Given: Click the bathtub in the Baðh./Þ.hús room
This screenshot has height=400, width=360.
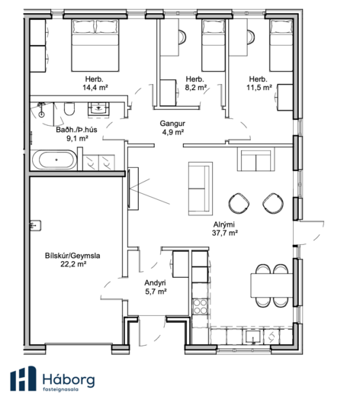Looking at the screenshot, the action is pyautogui.click(x=54, y=160).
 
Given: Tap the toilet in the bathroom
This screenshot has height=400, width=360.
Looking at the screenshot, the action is pyautogui.click(x=69, y=109).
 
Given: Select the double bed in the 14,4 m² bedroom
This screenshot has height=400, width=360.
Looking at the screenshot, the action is pyautogui.click(x=95, y=45).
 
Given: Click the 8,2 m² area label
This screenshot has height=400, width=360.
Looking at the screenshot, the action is pyautogui.click(x=196, y=88).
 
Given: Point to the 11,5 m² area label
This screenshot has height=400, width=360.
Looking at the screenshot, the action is pyautogui.click(x=259, y=88).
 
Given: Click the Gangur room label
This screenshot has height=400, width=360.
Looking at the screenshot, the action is pyautogui.click(x=172, y=124).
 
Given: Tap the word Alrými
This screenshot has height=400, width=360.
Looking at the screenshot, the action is pyautogui.click(x=223, y=224).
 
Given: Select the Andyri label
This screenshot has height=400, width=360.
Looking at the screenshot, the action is pyautogui.click(x=155, y=282).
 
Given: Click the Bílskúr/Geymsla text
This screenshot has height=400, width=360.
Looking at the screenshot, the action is pyautogui.click(x=72, y=256).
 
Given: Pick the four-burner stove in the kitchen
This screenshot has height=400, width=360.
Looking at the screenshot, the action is pyautogui.click(x=200, y=307).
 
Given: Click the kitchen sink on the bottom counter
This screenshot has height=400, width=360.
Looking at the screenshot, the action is pyautogui.click(x=253, y=337).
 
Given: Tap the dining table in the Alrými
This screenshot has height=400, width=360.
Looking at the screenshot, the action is pyautogui.click(x=272, y=285).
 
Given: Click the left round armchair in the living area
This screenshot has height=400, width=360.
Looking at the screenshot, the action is pyautogui.click(x=239, y=203).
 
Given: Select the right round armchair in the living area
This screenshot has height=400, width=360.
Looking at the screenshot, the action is pyautogui.click(x=273, y=203).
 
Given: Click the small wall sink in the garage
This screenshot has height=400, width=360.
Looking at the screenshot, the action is pyautogui.click(x=35, y=225).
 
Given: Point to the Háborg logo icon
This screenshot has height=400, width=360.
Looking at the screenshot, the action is pyautogui.click(x=23, y=379).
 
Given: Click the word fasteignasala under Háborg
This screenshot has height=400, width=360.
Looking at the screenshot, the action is pyautogui.click(x=60, y=389).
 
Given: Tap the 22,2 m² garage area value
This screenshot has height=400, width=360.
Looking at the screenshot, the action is pyautogui.click(x=73, y=264).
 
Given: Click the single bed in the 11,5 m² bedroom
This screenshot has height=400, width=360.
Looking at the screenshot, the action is pyautogui.click(x=281, y=45).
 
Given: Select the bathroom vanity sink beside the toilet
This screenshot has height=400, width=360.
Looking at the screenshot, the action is pyautogui.click(x=98, y=110).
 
